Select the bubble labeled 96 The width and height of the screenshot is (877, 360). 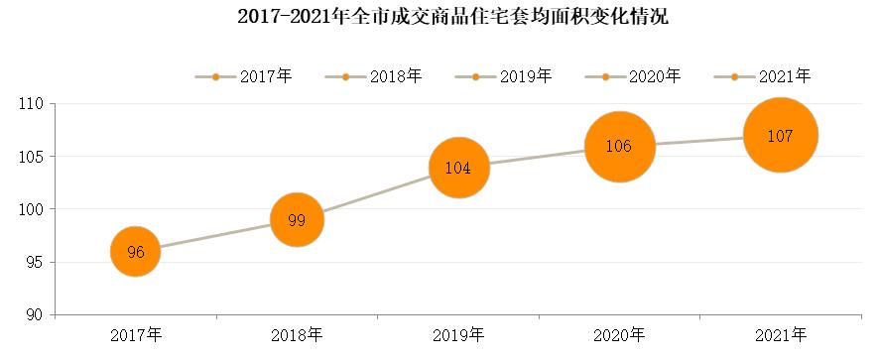click(136, 252)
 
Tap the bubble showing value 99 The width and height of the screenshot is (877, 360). click(297, 220)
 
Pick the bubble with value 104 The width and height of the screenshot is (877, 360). click(457, 168)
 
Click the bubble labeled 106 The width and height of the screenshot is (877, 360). click(619, 147)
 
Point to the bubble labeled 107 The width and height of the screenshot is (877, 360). click(780, 136)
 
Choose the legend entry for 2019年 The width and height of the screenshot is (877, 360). click(502, 76)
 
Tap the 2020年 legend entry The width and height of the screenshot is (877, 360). click(631, 76)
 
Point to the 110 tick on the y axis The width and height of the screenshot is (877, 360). click(34, 104)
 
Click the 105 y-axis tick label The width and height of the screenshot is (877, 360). click(34, 157)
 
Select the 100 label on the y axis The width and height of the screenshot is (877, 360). click(34, 209)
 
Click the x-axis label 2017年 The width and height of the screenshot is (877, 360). click(136, 334)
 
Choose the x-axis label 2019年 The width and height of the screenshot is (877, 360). click(457, 334)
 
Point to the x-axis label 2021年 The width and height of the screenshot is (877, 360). click(780, 334)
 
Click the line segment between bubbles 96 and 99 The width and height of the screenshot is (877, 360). click(216, 236)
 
